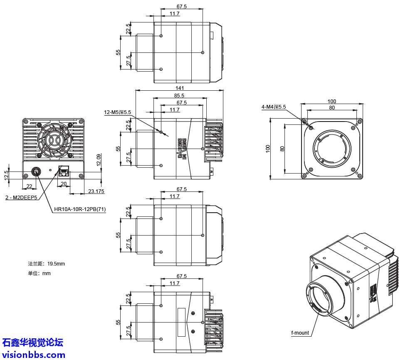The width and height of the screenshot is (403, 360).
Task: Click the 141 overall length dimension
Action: point(180,88)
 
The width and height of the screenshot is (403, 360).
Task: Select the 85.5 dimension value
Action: point(180,95)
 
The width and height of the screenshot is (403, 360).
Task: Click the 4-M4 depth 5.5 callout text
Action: point(274,107)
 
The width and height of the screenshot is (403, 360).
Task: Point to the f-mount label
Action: point(300,333)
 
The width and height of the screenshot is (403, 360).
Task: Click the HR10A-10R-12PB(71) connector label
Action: point(79,210)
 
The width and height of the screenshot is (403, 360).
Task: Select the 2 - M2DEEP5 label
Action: point(21,198)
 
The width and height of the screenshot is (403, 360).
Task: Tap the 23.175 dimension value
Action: point(96,191)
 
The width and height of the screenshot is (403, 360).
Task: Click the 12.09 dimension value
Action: point(99,160)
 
